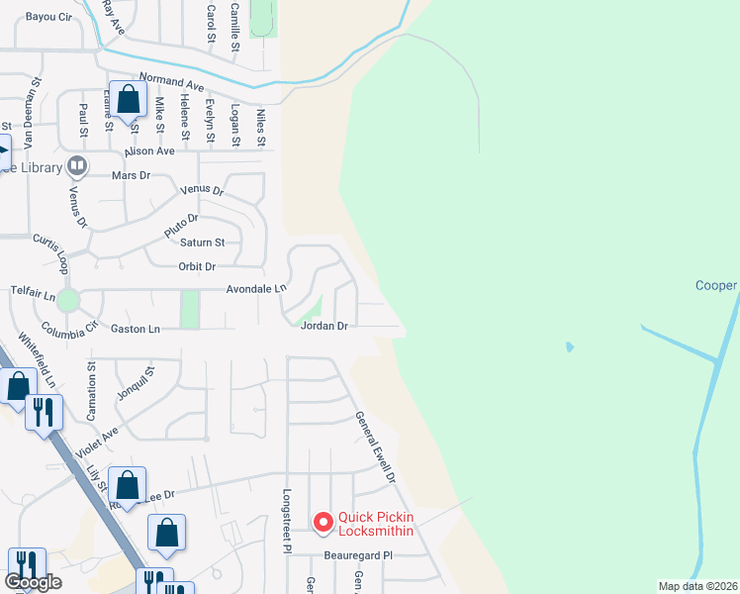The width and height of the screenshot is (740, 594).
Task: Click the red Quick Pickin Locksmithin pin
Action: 323,522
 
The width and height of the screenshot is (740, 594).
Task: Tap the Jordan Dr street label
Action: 324,326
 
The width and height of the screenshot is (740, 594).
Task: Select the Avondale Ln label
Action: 255,288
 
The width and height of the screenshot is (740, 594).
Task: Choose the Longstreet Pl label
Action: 288,520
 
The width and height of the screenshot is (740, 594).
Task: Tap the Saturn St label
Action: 202,243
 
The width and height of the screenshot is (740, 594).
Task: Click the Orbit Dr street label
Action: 197,266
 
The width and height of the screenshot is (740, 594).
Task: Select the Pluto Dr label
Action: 181,225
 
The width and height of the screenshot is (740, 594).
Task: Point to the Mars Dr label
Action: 131,175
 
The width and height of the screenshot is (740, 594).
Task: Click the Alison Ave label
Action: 149,150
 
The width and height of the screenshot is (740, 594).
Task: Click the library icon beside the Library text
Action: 76,165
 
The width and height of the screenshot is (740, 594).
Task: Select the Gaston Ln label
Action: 135,329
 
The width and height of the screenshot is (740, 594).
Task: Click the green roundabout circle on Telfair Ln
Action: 67,299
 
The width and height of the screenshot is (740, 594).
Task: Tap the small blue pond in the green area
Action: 569,347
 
